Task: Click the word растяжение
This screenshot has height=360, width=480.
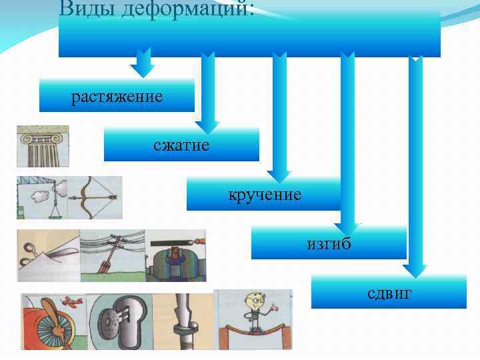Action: tap(117, 97)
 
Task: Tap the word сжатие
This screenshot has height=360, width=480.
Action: tap(181, 145)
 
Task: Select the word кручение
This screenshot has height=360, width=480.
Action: tap(265, 195)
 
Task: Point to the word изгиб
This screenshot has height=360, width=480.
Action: tap(329, 243)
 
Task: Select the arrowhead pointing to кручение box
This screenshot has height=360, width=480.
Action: tap(279, 175)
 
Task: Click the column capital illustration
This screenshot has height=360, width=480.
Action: tap(43, 145)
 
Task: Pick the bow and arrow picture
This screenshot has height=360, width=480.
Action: tap(95, 197)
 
